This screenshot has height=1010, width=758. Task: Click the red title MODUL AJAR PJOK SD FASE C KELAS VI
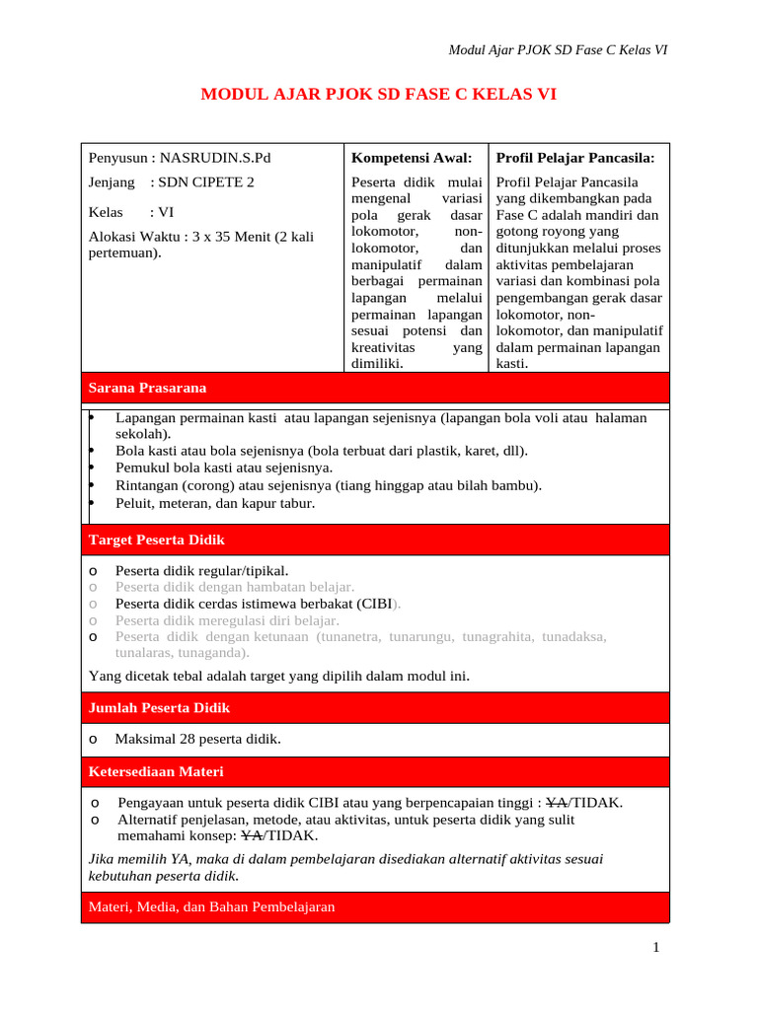(x=379, y=95)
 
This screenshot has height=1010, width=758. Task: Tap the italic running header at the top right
(x=559, y=49)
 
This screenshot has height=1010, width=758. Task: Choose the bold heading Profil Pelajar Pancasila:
(x=575, y=157)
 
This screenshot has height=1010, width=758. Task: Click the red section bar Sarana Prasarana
(x=147, y=388)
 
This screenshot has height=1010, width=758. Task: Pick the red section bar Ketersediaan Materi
(x=156, y=771)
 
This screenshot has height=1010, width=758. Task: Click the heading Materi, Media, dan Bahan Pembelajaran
(x=211, y=907)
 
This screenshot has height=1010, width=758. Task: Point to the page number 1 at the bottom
(x=655, y=949)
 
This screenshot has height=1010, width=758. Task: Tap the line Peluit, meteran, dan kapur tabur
(x=215, y=503)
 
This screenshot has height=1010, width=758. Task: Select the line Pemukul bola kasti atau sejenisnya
(x=224, y=469)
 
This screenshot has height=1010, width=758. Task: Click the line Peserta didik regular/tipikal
(x=202, y=570)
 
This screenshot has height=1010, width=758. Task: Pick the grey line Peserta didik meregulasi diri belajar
(x=227, y=620)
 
